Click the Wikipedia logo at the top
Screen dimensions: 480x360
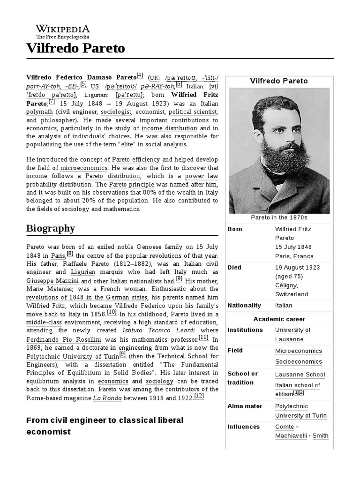click(62, 31)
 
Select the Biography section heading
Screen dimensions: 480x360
click(51, 228)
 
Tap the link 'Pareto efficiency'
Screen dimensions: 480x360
click(135, 159)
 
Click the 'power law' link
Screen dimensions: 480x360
click(201, 176)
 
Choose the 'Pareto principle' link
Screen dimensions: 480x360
click(125, 185)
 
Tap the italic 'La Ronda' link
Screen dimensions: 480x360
click(107, 398)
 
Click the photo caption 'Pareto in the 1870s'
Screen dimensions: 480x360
click(278, 217)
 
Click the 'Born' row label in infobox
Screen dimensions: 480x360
click(235, 229)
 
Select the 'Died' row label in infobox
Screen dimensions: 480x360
click(234, 267)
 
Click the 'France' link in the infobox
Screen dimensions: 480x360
click(303, 256)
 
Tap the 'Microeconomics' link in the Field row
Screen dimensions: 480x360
click(298, 351)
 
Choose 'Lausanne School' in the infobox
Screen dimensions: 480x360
click(300, 375)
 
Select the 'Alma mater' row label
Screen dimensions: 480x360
click(245, 406)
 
